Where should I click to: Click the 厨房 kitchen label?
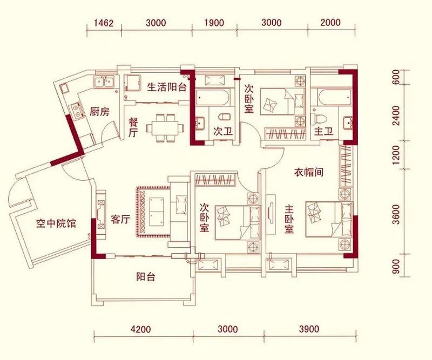coord(99,112)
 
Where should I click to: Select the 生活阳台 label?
coord(167,87)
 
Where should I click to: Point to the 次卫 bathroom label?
coord(219,131)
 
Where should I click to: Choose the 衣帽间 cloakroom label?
coord(308,173)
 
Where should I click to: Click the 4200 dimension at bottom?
coord(142,329)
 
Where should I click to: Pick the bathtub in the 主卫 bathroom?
coord(329,99)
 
